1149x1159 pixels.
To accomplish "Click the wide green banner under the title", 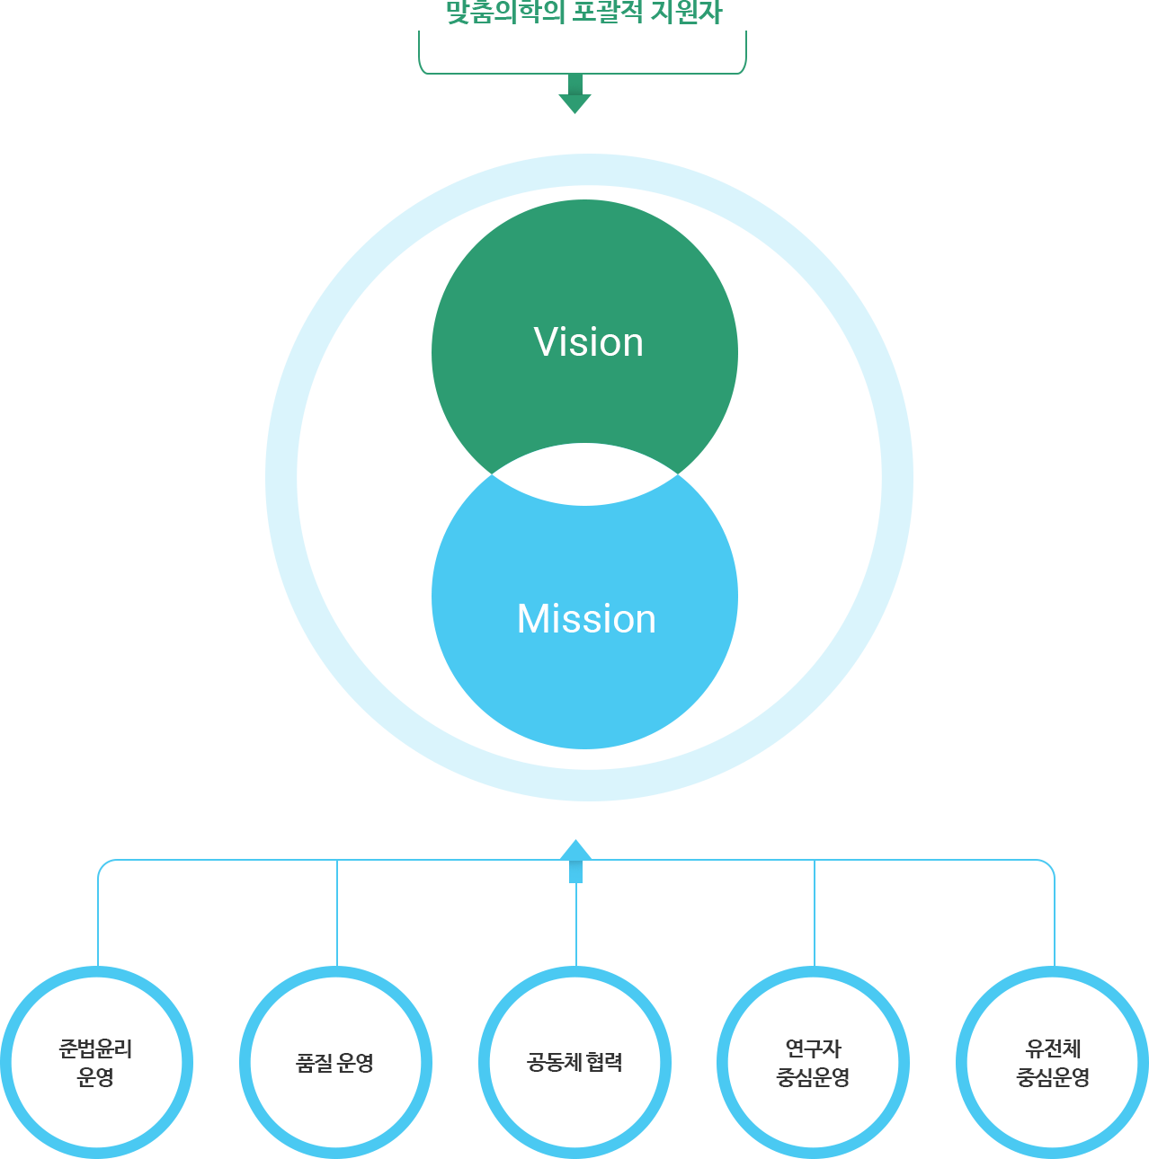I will pyautogui.click(x=582, y=52).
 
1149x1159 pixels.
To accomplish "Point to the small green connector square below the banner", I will pyautogui.click(x=574, y=103).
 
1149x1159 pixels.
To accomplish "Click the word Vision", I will pyautogui.click(x=588, y=342).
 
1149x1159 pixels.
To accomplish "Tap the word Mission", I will pyautogui.click(x=586, y=619).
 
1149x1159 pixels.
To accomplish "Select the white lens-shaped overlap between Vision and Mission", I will pyautogui.click(x=584, y=474).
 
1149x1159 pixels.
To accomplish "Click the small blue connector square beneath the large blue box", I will pyautogui.click(x=575, y=848).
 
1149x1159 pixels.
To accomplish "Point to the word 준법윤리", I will pyautogui.click(x=95, y=1048).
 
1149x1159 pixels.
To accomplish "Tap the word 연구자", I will pyautogui.click(x=813, y=1048).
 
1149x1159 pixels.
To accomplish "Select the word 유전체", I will pyautogui.click(x=1053, y=1048).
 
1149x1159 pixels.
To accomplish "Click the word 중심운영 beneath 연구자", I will pyautogui.click(x=813, y=1077).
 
